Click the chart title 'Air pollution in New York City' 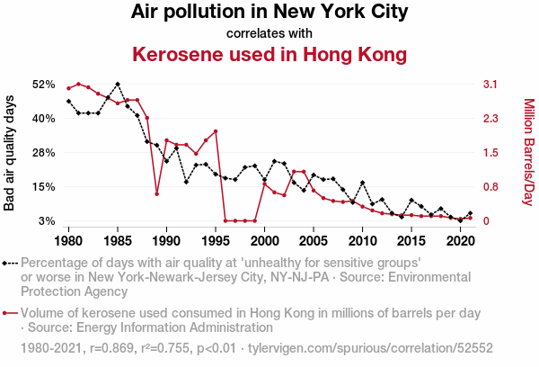(269, 12)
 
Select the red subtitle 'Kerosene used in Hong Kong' (269, 54)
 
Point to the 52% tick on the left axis (44, 85)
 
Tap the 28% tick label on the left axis (44, 153)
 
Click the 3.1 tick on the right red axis (490, 85)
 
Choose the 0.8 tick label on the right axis (490, 187)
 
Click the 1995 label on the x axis (216, 241)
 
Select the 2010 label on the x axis (362, 241)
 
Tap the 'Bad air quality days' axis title (9, 153)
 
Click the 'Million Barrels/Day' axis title (529, 152)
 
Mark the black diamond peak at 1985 (118, 85)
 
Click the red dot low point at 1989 (156, 193)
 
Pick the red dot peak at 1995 (216, 131)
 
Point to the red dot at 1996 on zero (225, 220)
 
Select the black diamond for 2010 (362, 183)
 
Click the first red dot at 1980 (69, 88)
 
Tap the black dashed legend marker (10, 264)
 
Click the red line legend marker (10, 313)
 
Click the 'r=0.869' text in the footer (111, 348)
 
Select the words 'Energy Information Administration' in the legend (174, 327)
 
